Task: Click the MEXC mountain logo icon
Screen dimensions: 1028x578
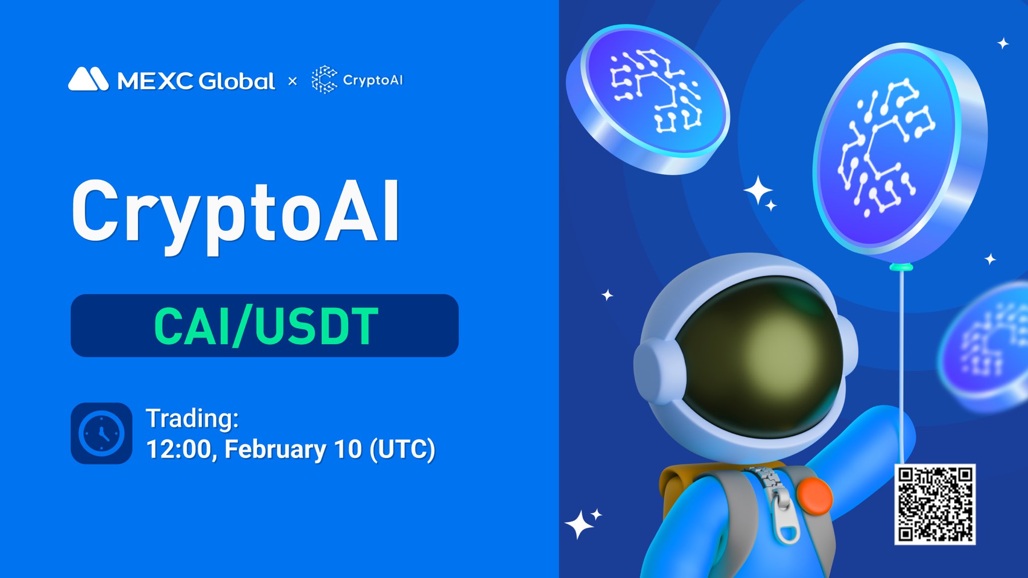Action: tap(88, 79)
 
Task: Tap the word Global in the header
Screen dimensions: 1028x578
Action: tap(237, 81)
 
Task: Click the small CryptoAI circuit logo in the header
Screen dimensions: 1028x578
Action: tap(324, 79)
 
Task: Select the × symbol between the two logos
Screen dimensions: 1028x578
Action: tap(293, 81)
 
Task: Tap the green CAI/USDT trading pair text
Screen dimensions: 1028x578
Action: tap(266, 326)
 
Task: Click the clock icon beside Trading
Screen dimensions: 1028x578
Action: tap(101, 433)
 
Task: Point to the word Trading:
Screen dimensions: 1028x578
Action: tap(192, 418)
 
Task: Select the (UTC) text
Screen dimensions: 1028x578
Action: tap(402, 449)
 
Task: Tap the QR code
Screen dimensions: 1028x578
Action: tap(935, 504)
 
